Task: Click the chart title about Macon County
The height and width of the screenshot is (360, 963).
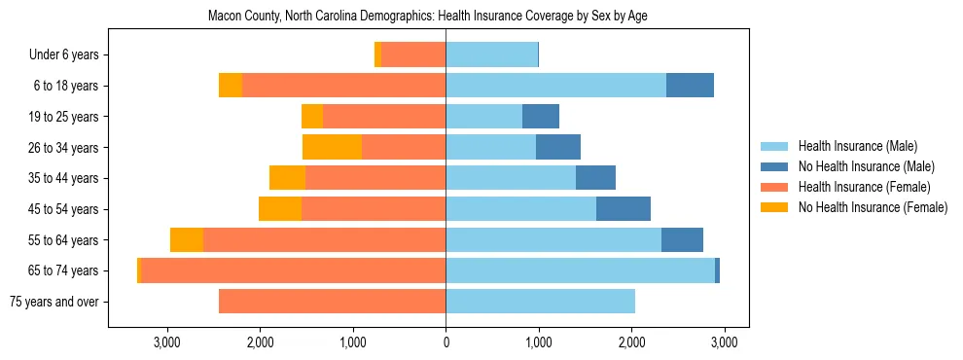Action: pyautogui.click(x=428, y=17)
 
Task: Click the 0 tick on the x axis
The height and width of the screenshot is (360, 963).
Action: pyautogui.click(x=446, y=342)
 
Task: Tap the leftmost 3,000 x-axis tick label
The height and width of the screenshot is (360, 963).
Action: pyautogui.click(x=167, y=342)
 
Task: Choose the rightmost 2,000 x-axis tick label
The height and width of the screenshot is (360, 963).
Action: pyautogui.click(x=631, y=342)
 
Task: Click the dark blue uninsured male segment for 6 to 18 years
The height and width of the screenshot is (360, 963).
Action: pyautogui.click(x=690, y=86)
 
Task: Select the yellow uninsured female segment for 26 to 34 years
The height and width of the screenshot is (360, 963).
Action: pyautogui.click(x=332, y=147)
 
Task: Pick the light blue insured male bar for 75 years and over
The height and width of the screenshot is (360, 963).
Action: pyautogui.click(x=540, y=302)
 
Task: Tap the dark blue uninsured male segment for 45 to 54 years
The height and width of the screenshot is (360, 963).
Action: pyautogui.click(x=623, y=209)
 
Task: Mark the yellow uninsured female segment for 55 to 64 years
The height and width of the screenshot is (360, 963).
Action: pyautogui.click(x=187, y=240)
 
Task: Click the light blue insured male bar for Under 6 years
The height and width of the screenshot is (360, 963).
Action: pyautogui.click(x=491, y=54)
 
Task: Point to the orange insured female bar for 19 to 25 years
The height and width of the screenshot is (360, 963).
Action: pyautogui.click(x=384, y=117)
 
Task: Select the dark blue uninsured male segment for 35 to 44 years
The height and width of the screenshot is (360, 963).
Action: pyautogui.click(x=595, y=178)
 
